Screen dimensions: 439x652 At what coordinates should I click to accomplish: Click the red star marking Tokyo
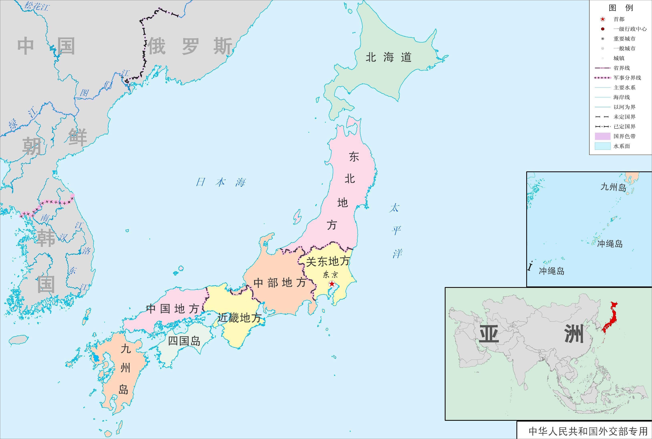[x=332, y=284]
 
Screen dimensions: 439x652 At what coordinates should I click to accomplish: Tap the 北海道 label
[x=388, y=57]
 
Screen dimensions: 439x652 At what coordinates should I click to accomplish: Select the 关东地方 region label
[x=328, y=261]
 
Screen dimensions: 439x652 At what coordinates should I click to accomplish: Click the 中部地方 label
[x=280, y=283]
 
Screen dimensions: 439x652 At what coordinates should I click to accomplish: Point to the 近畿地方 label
[x=239, y=318]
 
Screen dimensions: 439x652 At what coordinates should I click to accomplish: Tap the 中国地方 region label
[x=172, y=309]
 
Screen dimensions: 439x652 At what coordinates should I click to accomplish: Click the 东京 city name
[x=330, y=274]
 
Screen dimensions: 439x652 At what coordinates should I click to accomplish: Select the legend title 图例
[x=621, y=8]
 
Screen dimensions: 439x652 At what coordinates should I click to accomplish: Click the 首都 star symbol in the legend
[x=603, y=19]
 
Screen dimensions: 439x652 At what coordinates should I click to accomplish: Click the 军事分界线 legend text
[x=627, y=78]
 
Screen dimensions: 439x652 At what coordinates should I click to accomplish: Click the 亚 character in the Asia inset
[x=489, y=334]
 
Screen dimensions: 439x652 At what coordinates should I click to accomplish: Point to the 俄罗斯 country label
[x=190, y=46]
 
